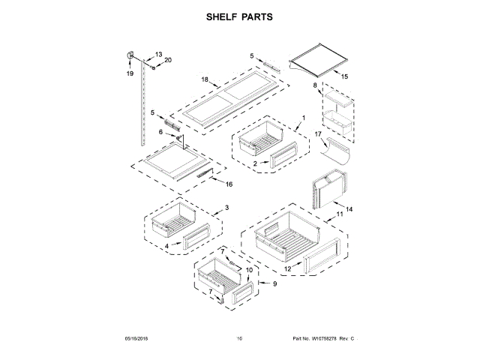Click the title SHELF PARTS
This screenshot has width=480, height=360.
pos(239,16)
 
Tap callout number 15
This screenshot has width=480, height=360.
pos(345,76)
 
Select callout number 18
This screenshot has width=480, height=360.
pos(204,79)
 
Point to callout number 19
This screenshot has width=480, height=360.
pos(129,73)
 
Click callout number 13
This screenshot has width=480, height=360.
pos(158,54)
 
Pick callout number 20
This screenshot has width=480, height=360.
pos(167,60)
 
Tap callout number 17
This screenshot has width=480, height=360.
pos(318,134)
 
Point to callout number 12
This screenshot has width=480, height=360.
pos(287,268)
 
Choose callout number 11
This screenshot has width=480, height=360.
pos(339,215)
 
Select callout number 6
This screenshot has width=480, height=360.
pos(160,131)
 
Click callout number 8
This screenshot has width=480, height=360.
pos(316,85)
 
